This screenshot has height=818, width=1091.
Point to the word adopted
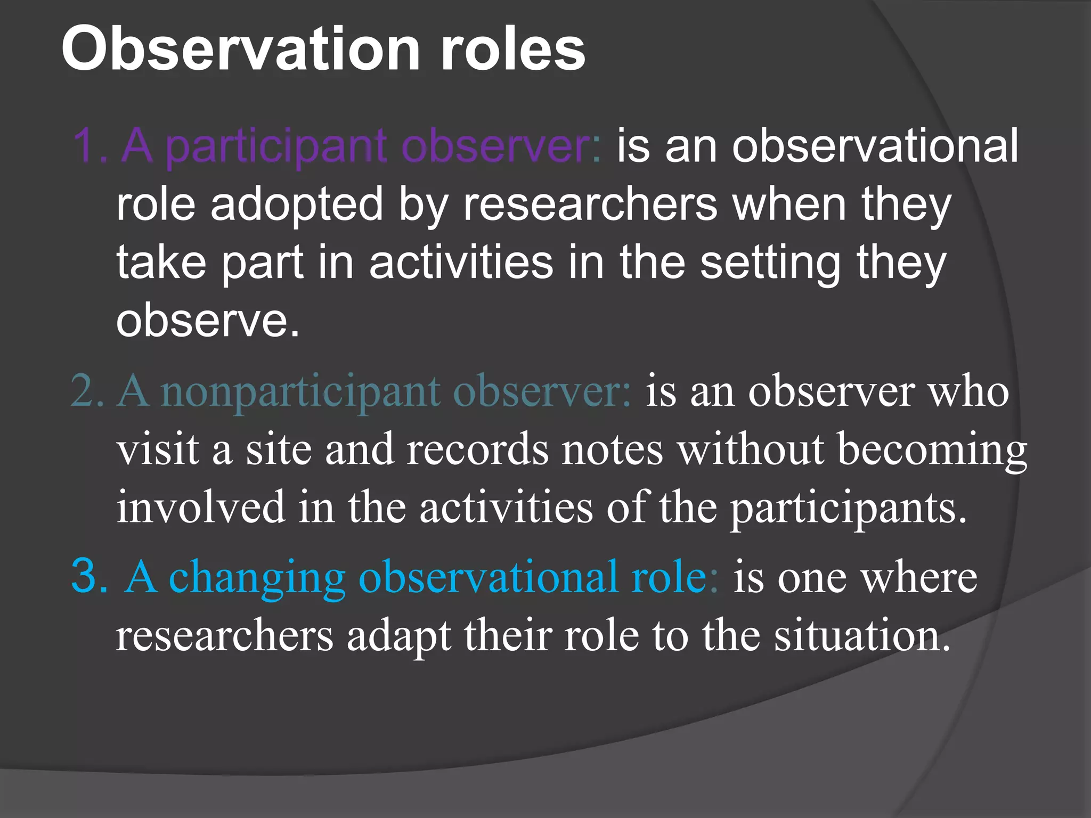tap(297, 205)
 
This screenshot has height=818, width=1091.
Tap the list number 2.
tap(85, 391)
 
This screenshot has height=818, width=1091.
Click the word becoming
tap(932, 451)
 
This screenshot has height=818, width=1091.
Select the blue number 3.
tap(88, 576)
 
